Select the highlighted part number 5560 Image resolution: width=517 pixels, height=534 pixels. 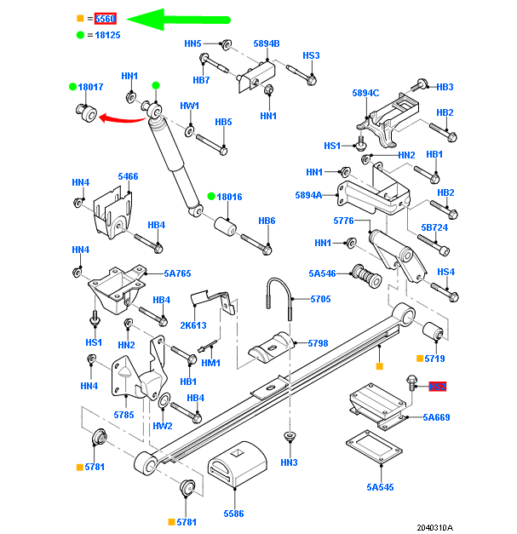click(x=105, y=18)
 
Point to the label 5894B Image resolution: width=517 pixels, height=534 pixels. click(x=266, y=43)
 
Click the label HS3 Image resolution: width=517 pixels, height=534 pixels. click(x=311, y=55)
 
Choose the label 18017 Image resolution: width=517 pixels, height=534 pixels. click(x=90, y=87)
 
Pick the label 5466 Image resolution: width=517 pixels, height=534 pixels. click(x=128, y=176)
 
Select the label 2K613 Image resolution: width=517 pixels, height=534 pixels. click(x=193, y=324)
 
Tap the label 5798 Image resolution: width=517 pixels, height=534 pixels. click(x=317, y=343)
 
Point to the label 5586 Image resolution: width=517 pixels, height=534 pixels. click(x=233, y=514)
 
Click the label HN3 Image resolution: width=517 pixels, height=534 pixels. click(x=289, y=462)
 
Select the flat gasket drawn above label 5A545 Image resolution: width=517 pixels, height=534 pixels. click(x=375, y=448)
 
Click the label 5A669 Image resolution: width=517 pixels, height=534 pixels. click(x=436, y=417)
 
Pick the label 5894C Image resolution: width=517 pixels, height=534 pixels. click(x=365, y=93)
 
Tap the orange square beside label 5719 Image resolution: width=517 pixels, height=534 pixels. click(x=420, y=359)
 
